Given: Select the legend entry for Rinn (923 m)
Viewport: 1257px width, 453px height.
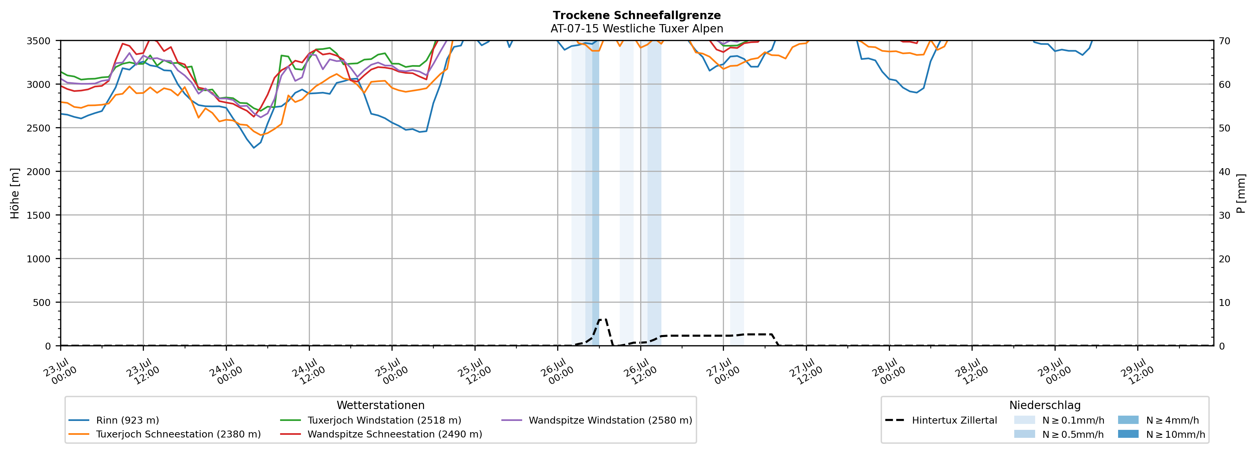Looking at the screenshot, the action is pyautogui.click(x=114, y=420).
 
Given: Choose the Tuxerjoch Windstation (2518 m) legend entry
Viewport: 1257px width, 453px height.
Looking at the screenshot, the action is pyautogui.click(x=370, y=420).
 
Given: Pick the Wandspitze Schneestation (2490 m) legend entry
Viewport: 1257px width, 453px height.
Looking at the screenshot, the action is pyautogui.click(x=381, y=434).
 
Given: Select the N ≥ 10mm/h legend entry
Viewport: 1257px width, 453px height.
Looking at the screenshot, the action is pyautogui.click(x=1161, y=434).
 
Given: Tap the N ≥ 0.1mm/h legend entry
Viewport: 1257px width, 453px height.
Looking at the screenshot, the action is pyautogui.click(x=1059, y=420).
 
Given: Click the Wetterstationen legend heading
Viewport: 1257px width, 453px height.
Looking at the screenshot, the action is pyautogui.click(x=381, y=405).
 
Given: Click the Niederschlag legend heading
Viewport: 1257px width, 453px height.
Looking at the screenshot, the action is pyautogui.click(x=1045, y=405).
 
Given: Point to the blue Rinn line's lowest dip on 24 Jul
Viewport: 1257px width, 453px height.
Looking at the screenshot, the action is pyautogui.click(x=254, y=148).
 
